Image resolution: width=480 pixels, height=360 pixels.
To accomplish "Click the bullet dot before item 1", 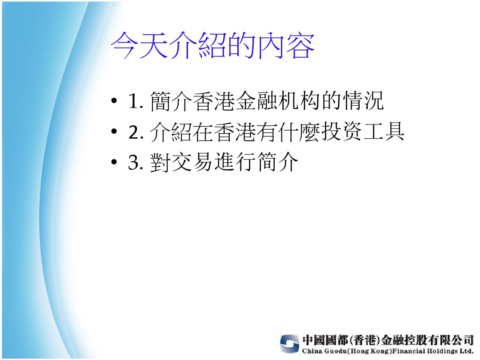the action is click(x=114, y=100).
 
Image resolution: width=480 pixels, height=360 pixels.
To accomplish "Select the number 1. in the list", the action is click(x=136, y=101).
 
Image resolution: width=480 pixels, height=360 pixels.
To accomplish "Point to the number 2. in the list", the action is click(x=136, y=132).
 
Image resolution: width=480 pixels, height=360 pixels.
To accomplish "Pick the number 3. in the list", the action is click(x=136, y=162).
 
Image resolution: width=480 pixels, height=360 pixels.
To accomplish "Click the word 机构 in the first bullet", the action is click(x=300, y=100).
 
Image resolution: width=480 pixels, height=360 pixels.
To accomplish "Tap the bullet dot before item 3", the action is click(x=114, y=162).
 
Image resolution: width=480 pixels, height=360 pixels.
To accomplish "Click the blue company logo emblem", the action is click(x=289, y=344).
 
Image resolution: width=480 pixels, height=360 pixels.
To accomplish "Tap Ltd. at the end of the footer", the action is click(x=466, y=351).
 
